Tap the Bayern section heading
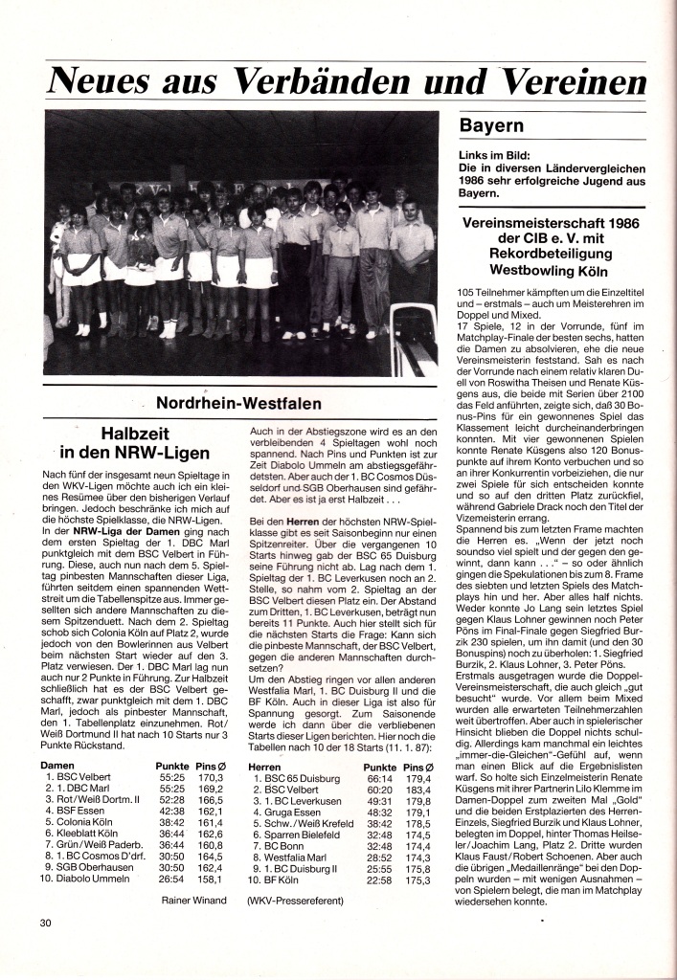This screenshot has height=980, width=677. coord(492,125)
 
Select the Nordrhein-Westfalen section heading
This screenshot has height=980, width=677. coord(239,404)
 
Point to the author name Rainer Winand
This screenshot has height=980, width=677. coord(194,901)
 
